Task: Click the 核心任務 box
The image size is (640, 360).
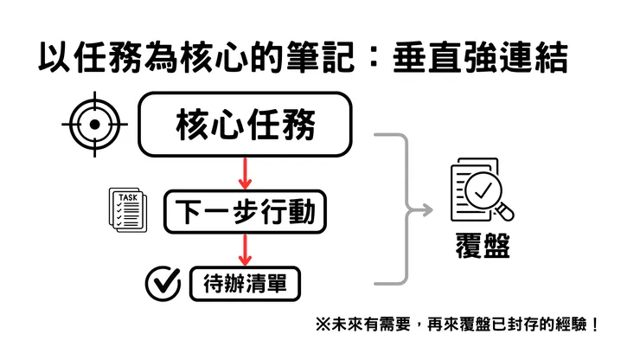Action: click(246, 125)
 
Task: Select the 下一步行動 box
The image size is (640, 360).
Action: click(246, 212)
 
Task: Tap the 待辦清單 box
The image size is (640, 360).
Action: click(246, 283)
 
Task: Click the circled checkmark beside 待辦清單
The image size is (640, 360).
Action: click(162, 281)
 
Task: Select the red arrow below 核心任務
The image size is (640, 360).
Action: click(246, 173)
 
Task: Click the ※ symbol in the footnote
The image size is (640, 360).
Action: click(323, 326)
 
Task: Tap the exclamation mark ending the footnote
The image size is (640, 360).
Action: click(593, 326)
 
